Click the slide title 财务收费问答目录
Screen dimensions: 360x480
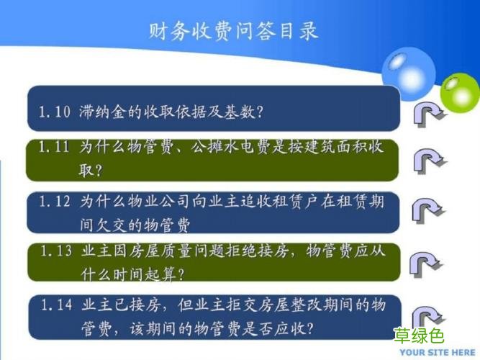(x=233, y=32)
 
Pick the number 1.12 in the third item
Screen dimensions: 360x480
(x=55, y=202)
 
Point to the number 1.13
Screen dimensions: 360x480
(x=55, y=251)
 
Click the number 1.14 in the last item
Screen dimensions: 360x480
(x=55, y=305)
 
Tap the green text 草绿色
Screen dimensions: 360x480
(x=419, y=336)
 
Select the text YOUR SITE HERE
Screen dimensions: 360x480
(x=438, y=352)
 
